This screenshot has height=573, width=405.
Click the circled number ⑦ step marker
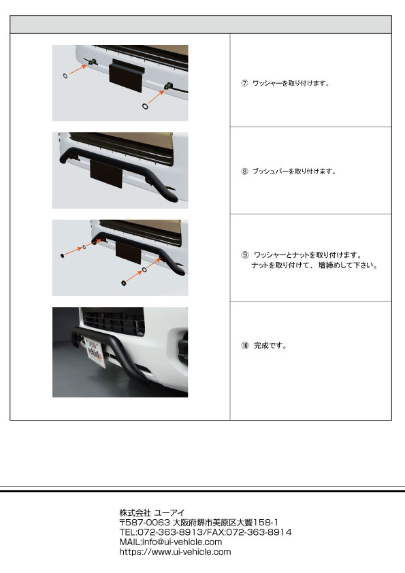(x=244, y=83)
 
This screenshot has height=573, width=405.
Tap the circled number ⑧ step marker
(x=244, y=171)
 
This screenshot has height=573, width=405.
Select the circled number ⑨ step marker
(x=245, y=255)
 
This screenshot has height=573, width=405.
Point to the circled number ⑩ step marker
(x=245, y=345)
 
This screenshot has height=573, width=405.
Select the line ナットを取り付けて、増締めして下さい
(x=314, y=265)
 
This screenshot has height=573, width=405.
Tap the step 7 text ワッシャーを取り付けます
(x=291, y=83)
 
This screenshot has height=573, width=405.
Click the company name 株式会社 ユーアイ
(x=152, y=512)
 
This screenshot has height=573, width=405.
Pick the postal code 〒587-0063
(x=145, y=523)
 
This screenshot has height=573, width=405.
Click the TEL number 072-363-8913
(x=169, y=532)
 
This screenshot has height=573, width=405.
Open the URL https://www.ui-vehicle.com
(x=175, y=552)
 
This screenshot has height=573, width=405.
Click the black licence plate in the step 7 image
(x=127, y=76)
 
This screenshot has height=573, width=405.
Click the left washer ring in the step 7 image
(x=65, y=76)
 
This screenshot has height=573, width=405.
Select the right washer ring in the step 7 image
(x=145, y=106)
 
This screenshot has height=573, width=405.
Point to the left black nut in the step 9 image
(x=63, y=255)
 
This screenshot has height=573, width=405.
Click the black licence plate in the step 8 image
(x=106, y=174)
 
